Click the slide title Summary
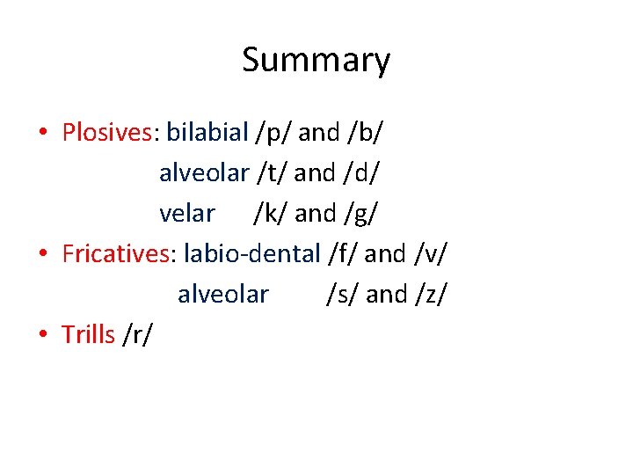[x=316, y=61]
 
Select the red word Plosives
[x=107, y=133]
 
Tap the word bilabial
[x=207, y=133]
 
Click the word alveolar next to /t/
[x=204, y=173]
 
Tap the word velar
[x=186, y=214]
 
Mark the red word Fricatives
[x=118, y=254]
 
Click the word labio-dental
[x=251, y=254]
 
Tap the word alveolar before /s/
[x=222, y=294]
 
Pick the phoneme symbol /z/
[x=430, y=295]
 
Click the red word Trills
[x=88, y=334]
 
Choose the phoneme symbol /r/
[x=138, y=335]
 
